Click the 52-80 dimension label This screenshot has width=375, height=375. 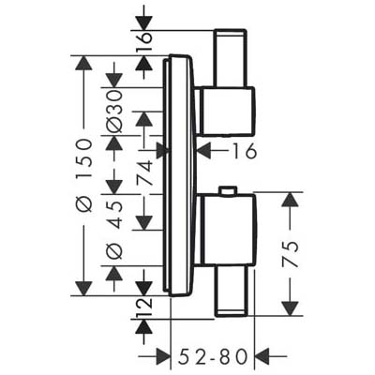[x=213, y=356]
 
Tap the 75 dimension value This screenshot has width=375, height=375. [x=291, y=254]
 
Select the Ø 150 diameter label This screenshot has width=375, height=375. [x=83, y=176]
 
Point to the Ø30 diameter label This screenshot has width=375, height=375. [x=113, y=111]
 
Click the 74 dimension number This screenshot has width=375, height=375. [x=144, y=172]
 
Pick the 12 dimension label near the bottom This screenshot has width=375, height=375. [x=144, y=307]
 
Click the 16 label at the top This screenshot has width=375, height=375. [x=144, y=37]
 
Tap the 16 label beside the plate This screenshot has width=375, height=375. [x=244, y=152]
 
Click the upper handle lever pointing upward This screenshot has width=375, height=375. [x=231, y=57]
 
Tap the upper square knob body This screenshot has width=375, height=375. [x=228, y=112]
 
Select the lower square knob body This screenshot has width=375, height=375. [x=228, y=230]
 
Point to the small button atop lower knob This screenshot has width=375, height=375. [x=228, y=191]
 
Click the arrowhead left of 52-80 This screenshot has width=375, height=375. [x=163, y=356]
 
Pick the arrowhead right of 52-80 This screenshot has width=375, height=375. [x=262, y=356]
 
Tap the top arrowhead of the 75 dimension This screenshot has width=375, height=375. [x=291, y=200]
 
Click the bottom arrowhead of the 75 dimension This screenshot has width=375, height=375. [x=291, y=308]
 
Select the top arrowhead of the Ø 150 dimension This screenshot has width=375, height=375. [x=83, y=63]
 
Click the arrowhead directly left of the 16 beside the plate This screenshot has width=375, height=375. [x=204, y=151]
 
